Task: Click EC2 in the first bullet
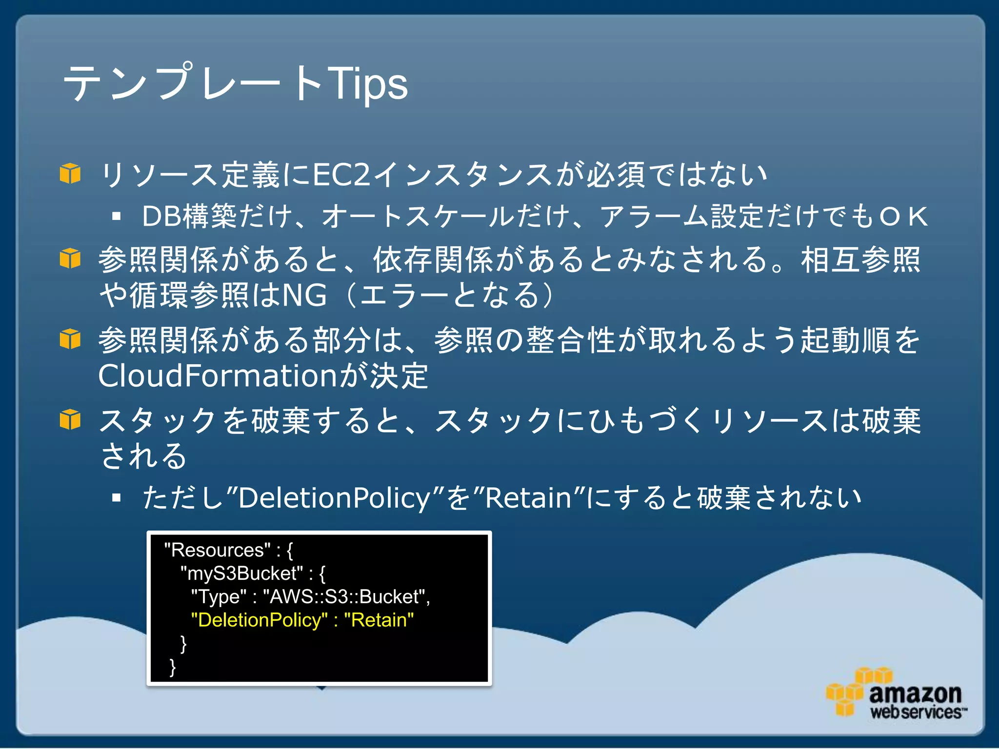click(341, 175)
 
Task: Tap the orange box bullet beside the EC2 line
click(70, 174)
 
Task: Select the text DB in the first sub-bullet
click(161, 216)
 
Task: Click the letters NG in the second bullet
click(304, 295)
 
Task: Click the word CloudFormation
click(218, 376)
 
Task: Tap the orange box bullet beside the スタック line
click(70, 419)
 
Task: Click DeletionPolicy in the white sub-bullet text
click(334, 498)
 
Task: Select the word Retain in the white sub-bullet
click(528, 498)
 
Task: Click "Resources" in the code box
click(218, 550)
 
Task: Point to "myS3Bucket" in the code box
click(242, 573)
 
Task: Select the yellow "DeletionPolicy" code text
click(259, 620)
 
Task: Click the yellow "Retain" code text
click(379, 620)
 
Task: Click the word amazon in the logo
click(915, 693)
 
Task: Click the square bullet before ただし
click(116, 498)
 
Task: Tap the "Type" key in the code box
click(219, 597)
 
